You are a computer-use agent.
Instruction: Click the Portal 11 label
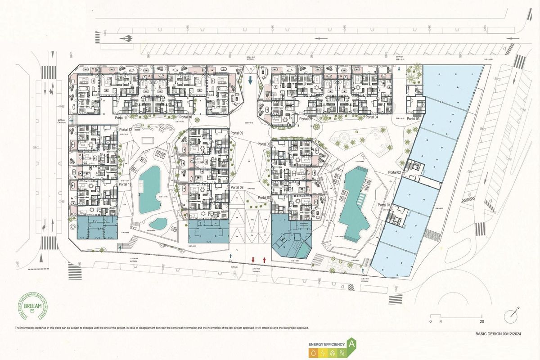coord(122,117)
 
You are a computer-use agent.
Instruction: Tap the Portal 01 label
coord(386,205)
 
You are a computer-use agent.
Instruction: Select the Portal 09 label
coord(237,134)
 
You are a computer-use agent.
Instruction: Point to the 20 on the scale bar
coord(482,322)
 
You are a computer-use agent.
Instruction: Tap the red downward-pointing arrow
coord(253,260)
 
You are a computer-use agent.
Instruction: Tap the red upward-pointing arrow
coord(264,260)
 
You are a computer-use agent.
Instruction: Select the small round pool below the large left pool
coord(157,223)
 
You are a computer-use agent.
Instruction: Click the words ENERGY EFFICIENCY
coord(326,345)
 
